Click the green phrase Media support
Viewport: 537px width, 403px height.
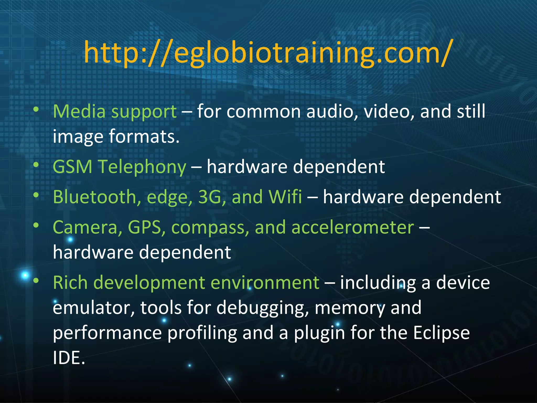115,112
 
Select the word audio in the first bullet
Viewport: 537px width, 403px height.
332,112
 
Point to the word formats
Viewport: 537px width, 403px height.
144,136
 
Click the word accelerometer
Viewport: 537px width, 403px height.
353,227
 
